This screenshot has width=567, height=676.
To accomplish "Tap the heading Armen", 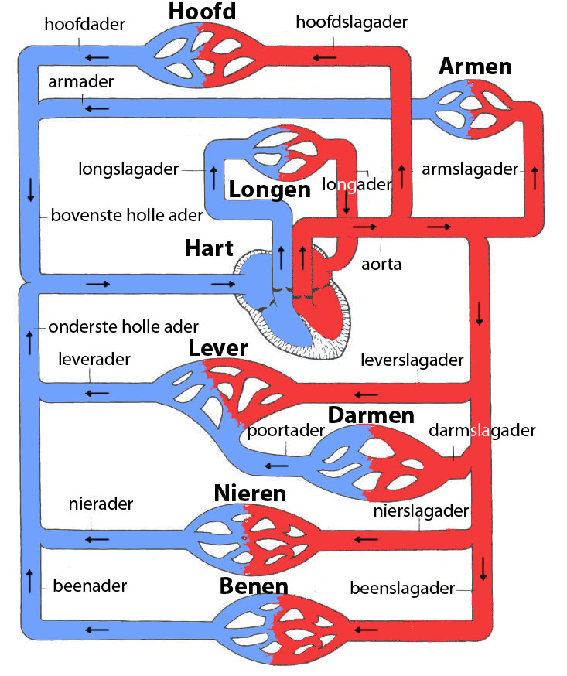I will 475,67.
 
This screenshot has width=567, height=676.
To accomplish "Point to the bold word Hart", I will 209,249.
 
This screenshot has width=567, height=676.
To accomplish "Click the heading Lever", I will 218,349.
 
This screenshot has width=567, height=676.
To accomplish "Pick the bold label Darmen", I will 371,415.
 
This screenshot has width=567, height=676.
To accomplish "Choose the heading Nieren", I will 250,493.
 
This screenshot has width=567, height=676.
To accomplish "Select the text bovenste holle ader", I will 127,215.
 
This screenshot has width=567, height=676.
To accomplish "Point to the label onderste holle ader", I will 124,327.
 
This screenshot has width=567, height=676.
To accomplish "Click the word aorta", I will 381,264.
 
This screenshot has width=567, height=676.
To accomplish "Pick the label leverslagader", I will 412,360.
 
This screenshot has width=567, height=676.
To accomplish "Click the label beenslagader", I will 402,589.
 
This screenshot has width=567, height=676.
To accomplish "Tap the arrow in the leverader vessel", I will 96,393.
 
